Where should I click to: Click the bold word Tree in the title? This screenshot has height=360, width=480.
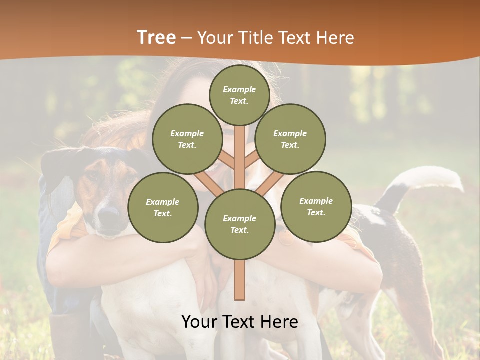click(156, 38)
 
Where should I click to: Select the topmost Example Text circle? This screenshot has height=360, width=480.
click(239, 95)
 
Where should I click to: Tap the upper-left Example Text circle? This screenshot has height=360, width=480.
click(187, 139)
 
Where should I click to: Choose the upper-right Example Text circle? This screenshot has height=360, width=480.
click(290, 139)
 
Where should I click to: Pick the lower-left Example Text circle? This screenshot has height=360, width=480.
click(163, 207)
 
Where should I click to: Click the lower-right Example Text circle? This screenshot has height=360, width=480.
click(316, 206)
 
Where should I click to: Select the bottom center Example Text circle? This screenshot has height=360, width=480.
click(240, 224)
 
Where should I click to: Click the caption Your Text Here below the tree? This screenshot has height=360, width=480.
click(240, 322)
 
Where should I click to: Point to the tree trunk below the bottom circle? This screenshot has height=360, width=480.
click(240, 280)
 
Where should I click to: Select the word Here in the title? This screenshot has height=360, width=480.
click(335, 38)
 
